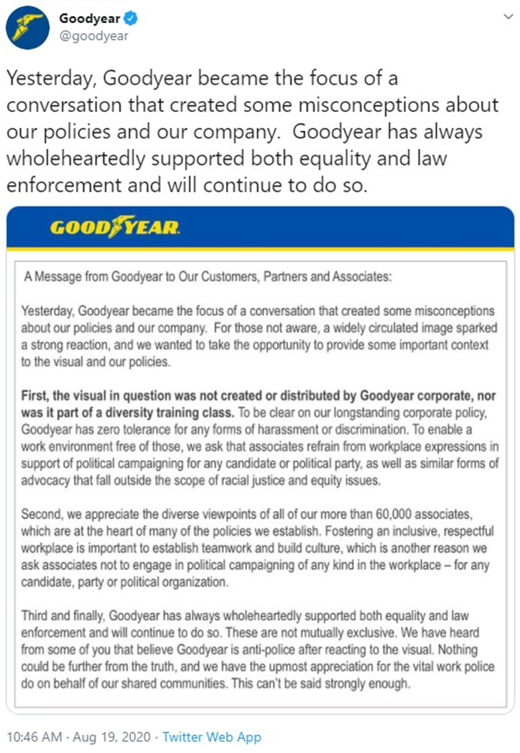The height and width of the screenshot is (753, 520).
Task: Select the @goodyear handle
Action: coord(94,35)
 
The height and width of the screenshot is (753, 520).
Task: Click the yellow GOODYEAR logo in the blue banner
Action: coord(114,228)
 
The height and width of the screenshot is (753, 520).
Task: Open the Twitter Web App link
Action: coord(212,737)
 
